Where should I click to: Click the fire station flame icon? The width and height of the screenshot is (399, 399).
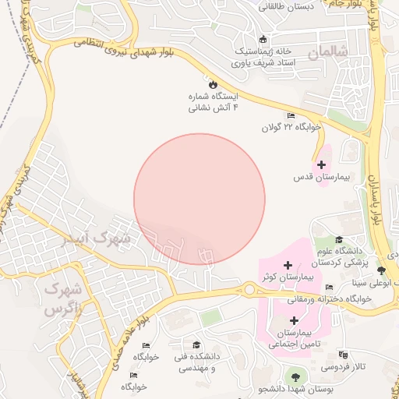tap(212, 83)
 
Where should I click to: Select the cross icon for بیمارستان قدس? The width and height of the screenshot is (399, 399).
tap(321, 164)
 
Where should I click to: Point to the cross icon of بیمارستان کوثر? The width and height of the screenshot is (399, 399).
tap(288, 265)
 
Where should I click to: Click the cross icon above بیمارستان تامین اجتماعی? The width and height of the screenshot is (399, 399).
tap(294, 320)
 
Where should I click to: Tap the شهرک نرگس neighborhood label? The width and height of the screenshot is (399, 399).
tap(64, 299)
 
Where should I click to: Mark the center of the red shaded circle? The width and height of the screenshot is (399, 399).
tap(199, 199)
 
